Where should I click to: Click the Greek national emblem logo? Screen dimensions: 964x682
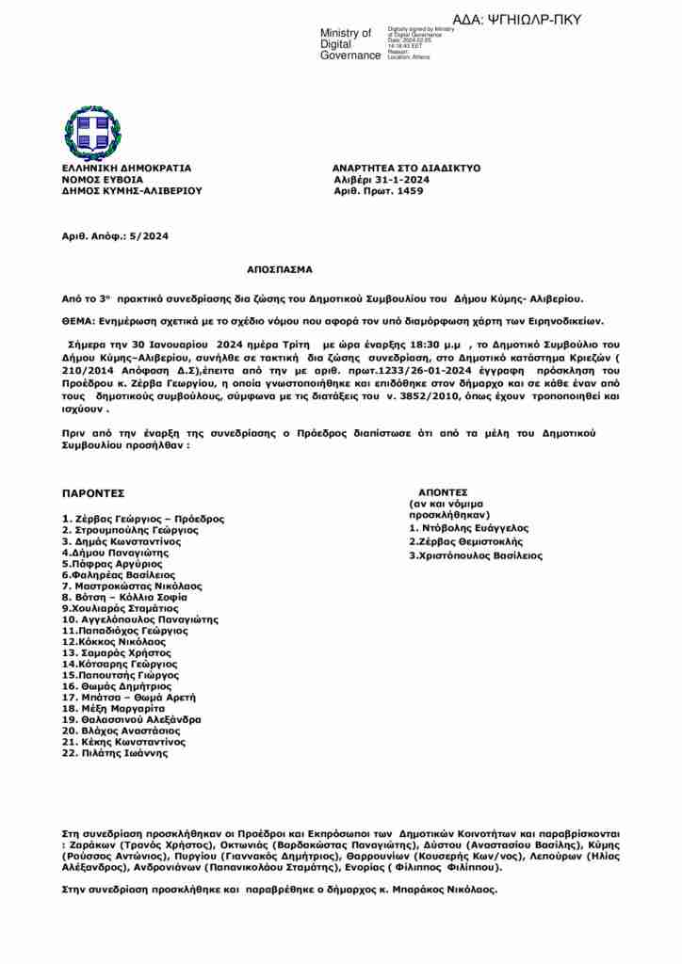tap(92, 131)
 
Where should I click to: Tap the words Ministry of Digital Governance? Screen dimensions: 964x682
tap(350, 44)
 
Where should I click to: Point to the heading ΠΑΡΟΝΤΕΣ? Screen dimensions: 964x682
tap(93, 493)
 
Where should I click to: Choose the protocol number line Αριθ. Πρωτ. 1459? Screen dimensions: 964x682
tap(379, 190)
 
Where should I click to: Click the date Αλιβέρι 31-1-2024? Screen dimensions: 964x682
tap(382, 179)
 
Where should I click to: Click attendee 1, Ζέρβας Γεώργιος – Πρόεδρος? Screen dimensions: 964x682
tap(143, 519)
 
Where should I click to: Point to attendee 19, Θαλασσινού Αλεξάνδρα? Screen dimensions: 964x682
tap(131, 718)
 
